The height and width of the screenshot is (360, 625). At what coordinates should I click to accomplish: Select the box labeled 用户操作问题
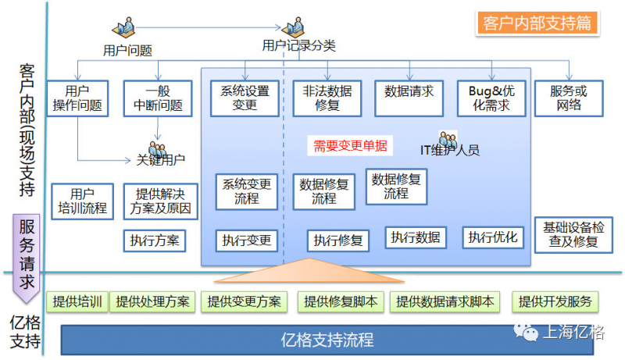[x=77, y=98]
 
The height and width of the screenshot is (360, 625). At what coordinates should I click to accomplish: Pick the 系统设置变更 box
[x=245, y=98]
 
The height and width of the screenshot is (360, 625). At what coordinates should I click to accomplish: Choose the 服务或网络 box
[x=569, y=98]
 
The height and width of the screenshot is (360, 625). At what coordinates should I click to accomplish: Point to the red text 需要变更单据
[x=350, y=145]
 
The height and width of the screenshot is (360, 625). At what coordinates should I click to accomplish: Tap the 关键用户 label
[x=160, y=161]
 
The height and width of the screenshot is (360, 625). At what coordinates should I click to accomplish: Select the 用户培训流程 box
[x=82, y=201]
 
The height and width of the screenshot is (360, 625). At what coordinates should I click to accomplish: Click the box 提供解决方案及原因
[x=161, y=201]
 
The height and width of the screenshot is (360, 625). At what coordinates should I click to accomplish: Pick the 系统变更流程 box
[x=247, y=191]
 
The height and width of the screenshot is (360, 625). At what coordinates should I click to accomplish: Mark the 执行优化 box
[x=494, y=237]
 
